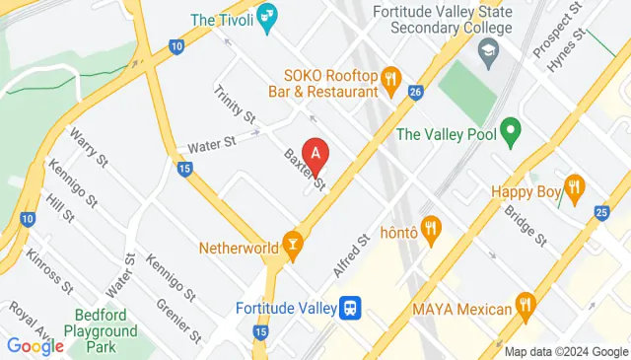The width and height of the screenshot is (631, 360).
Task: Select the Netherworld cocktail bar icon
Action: click(292, 243)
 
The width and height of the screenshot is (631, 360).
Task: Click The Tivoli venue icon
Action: click(268, 18)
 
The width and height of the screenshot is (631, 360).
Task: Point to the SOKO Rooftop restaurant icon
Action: click(391, 77)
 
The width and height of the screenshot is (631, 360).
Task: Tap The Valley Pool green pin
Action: click(510, 129)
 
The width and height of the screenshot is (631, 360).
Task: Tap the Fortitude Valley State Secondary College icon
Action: click(488, 50)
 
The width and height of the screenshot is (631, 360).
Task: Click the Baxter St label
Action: click(304, 169)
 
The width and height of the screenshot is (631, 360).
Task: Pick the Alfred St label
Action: click(350, 255)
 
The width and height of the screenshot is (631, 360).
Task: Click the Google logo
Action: click(35, 345)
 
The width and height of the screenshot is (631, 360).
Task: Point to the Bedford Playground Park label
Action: click(105, 330)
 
